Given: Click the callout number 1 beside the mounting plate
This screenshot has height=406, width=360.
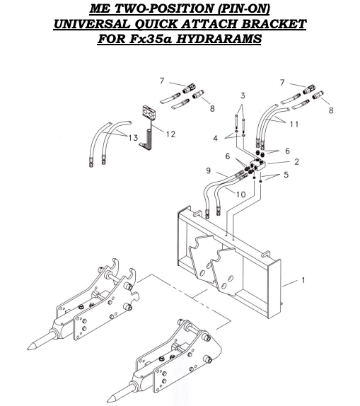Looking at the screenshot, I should pos(303,280).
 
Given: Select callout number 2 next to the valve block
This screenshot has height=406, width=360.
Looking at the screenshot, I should pos(296,162).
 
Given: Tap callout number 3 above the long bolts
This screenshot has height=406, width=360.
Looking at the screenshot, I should pos(242,95).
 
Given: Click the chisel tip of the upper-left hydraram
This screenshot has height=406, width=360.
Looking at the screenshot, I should pos(32,347).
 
